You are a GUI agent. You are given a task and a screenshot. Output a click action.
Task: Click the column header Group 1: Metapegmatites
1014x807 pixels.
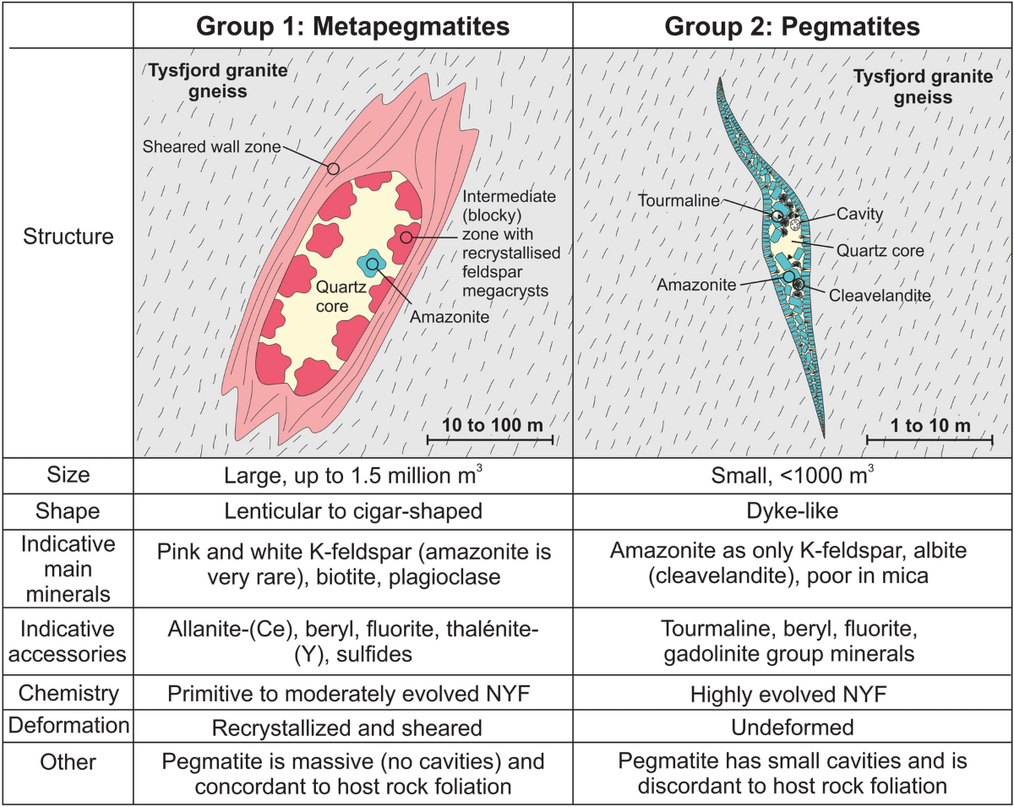pos(353,26)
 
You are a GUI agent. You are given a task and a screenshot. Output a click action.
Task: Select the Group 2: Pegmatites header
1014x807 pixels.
pos(792,26)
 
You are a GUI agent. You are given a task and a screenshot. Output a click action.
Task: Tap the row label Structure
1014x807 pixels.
pos(68,237)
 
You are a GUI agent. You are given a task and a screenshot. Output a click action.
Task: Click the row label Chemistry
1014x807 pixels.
pos(68,693)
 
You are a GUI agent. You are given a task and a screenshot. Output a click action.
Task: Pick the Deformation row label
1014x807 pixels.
pos(68,725)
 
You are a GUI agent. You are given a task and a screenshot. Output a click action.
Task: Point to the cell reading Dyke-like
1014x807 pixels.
pos(792,511)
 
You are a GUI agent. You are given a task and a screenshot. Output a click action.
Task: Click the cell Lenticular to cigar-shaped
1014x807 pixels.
pos(353,511)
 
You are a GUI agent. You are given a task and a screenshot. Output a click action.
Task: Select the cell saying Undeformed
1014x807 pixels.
pos(792,728)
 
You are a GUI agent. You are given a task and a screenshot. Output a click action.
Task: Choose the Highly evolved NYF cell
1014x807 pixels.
pos(788,695)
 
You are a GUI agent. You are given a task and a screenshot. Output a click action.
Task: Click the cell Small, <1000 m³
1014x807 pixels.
pos(792,475)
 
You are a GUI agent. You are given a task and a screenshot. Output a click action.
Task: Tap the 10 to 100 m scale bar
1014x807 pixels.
pos(490,439)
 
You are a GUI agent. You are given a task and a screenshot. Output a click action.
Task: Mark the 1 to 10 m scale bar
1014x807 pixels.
pos(929,439)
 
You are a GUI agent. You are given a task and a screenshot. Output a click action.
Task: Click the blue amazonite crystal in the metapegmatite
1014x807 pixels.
pos(372,264)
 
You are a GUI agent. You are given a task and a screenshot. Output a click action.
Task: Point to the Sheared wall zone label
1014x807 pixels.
pos(211,147)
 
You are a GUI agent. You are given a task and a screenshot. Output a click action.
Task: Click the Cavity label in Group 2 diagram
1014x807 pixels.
pos(859,214)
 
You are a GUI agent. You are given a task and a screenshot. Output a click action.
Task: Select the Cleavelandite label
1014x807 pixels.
pos(880,296)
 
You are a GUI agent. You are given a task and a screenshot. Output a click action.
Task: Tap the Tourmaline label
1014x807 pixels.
pos(679,201)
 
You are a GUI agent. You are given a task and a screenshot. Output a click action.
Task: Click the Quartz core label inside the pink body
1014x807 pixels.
pos(341,297)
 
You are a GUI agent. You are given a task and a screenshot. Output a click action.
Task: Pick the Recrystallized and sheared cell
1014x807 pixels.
pos(346,728)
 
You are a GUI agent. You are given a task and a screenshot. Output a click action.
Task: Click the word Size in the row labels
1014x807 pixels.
pos(68,475)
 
